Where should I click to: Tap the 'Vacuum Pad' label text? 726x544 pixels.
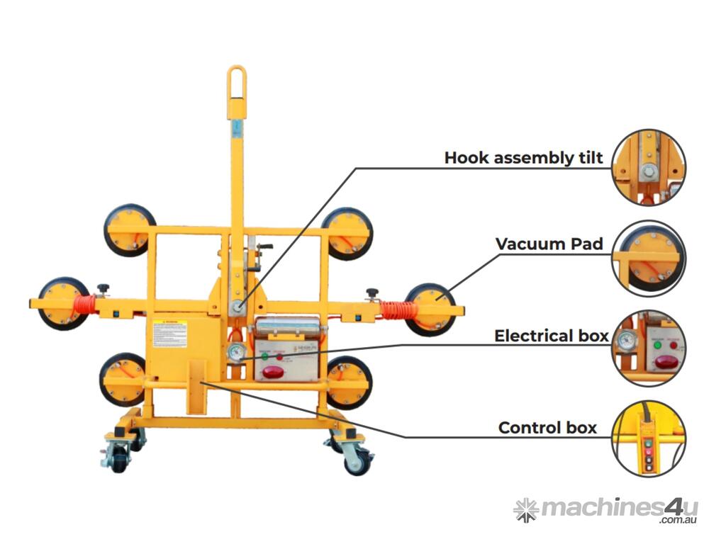[x=549, y=244]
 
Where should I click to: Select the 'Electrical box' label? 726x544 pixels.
[x=551, y=335]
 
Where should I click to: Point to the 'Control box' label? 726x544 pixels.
[x=547, y=428]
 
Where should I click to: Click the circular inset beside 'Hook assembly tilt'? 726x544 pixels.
[x=649, y=167]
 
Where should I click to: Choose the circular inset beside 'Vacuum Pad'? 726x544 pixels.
[x=649, y=256]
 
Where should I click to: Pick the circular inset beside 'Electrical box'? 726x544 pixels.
[x=649, y=348]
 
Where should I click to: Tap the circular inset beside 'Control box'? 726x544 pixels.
[x=649, y=438]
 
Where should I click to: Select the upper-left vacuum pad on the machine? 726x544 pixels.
[x=129, y=229]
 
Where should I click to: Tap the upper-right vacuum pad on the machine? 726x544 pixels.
[x=347, y=232]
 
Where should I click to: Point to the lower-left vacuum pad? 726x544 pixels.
[x=123, y=379]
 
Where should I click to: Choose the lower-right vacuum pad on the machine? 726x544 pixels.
[x=349, y=382]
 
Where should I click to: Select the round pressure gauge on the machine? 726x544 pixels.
[x=237, y=353]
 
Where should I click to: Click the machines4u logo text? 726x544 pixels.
[x=618, y=508]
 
